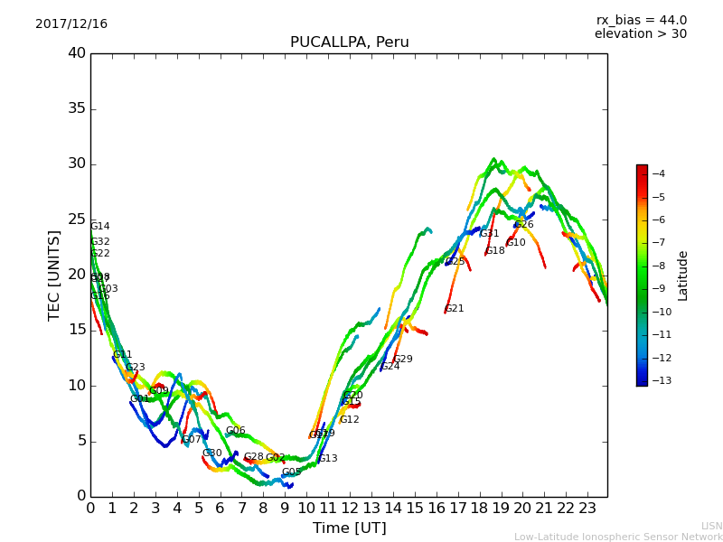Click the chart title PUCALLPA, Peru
tap(349, 42)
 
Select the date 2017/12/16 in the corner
tap(71, 24)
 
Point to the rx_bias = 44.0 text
tap(641, 21)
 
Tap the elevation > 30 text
tap(640, 34)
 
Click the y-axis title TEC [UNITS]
tap(54, 275)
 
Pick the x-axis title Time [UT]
tap(349, 528)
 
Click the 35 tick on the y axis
tap(77, 108)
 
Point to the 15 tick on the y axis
tap(77, 330)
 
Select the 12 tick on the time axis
tap(349, 508)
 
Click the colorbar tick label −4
tap(658, 173)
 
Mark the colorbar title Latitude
tap(683, 275)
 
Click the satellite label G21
tap(455, 309)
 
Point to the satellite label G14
tap(100, 227)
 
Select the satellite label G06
tap(236, 431)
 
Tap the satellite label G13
tap(328, 459)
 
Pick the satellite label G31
tap(490, 234)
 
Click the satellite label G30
tap(212, 453)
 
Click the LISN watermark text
tap(712, 526)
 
